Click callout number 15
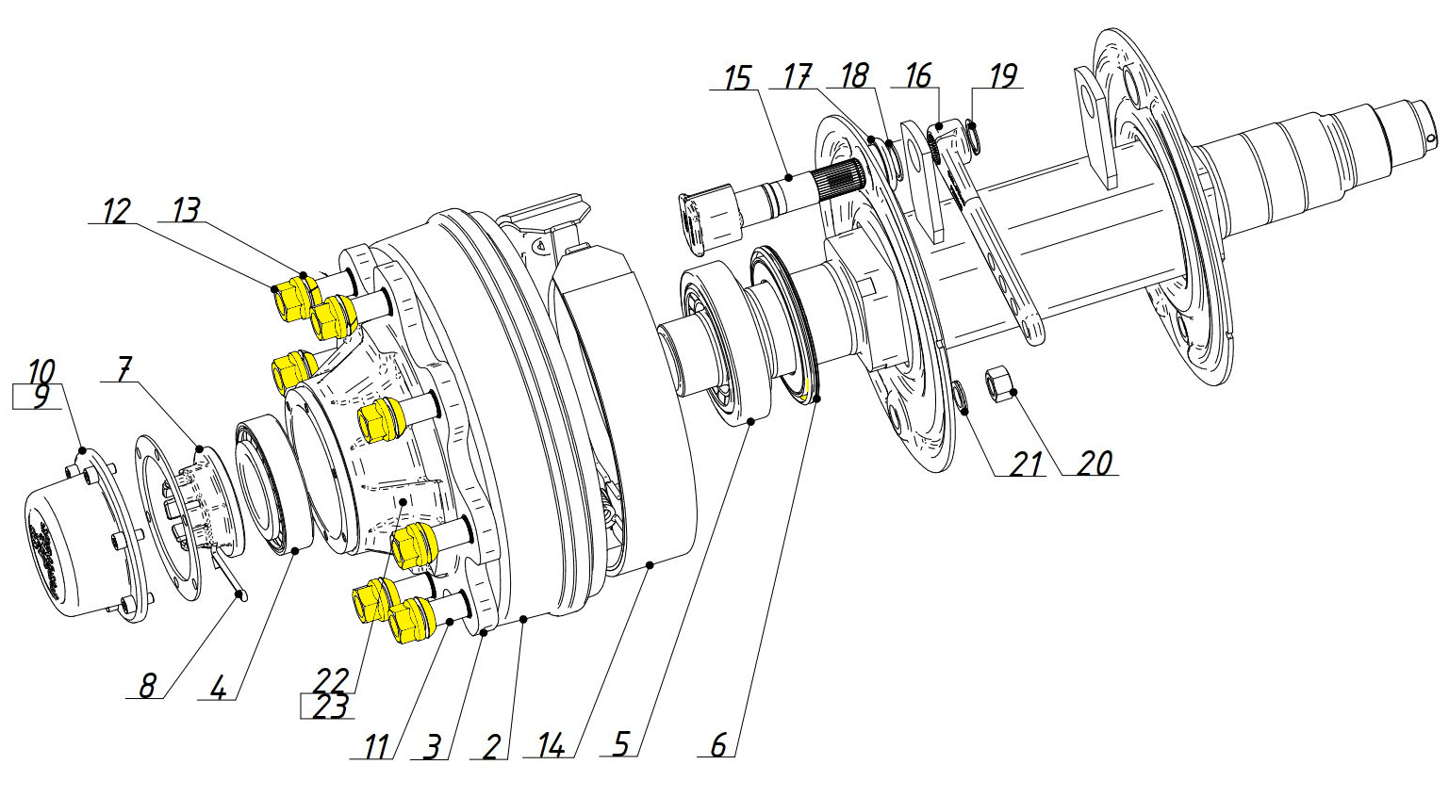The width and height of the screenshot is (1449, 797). [737, 77]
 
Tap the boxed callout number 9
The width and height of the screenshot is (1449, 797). [40, 397]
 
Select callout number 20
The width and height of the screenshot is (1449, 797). [1094, 463]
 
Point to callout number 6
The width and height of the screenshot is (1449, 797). [718, 744]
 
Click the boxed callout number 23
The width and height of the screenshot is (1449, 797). [331, 707]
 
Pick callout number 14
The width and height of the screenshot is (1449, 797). [552, 747]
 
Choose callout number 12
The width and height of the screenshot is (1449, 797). [117, 211]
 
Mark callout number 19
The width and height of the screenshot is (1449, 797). [1003, 75]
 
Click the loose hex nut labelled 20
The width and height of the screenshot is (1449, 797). [998, 384]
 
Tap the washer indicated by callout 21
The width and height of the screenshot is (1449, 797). [962, 398]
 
